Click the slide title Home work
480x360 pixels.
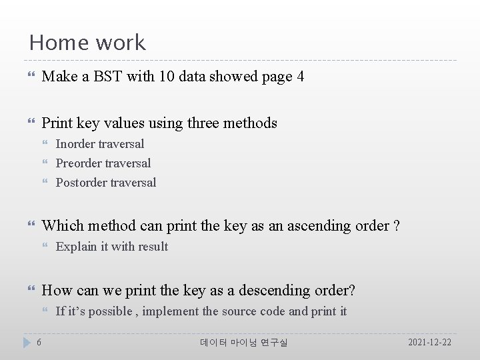87,43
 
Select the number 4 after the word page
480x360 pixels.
301,77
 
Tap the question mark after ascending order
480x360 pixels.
397,226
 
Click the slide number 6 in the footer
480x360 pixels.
39,342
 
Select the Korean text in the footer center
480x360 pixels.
244,342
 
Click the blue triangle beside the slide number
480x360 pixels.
27,342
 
